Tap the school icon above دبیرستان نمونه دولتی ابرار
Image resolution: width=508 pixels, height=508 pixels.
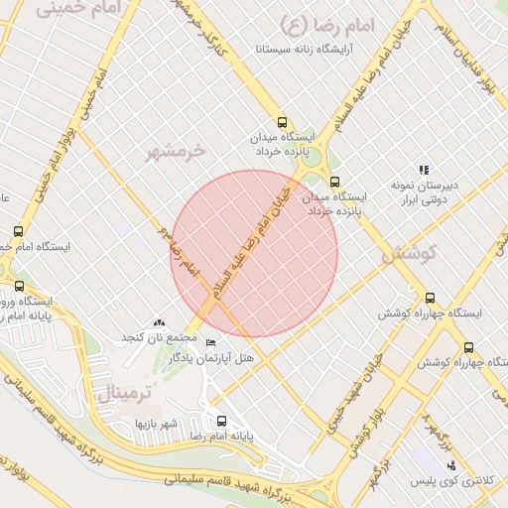pyautogui.click(x=424, y=171)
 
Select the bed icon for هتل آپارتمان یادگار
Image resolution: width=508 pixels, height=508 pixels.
pyautogui.click(x=209, y=342)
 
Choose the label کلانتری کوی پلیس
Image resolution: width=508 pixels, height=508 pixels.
pyautogui.click(x=452, y=481)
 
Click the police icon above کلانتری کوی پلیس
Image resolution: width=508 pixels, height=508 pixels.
pyautogui.click(x=452, y=465)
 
